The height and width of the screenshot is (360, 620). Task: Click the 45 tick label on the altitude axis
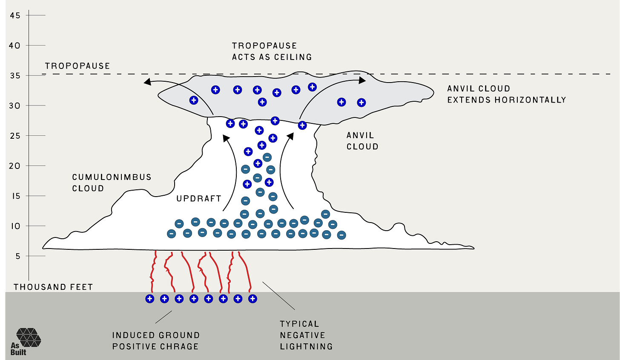point(15,15)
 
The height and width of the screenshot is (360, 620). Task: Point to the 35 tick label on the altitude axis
point(15,75)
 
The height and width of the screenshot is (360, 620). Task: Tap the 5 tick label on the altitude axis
point(18,256)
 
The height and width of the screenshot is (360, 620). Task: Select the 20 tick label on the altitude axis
point(15,166)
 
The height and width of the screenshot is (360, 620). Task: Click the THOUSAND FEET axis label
point(53,287)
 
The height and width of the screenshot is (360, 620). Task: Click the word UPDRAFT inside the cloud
point(199,198)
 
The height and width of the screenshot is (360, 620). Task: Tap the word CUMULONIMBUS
point(112,177)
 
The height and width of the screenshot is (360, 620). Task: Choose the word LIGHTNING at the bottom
point(306,346)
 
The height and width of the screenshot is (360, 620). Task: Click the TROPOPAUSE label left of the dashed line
point(77,66)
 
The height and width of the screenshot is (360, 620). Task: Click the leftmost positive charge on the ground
point(149,299)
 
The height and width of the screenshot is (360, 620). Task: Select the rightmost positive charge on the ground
point(253,299)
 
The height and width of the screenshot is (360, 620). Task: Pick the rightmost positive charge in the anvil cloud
point(361,102)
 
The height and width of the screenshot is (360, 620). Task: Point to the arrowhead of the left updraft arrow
point(226,138)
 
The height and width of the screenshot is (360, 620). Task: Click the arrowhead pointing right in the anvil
point(362,80)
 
